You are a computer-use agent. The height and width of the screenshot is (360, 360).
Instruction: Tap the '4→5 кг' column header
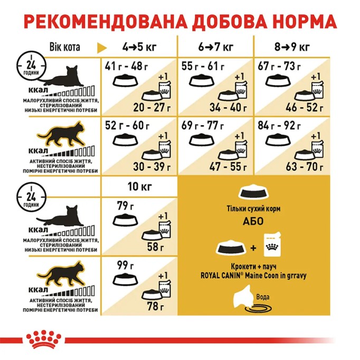point(138,47)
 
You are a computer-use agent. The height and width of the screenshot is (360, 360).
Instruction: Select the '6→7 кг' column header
point(216,47)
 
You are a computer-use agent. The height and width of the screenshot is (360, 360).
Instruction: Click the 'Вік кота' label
point(64,47)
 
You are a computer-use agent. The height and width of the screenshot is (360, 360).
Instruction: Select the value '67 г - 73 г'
point(282,67)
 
